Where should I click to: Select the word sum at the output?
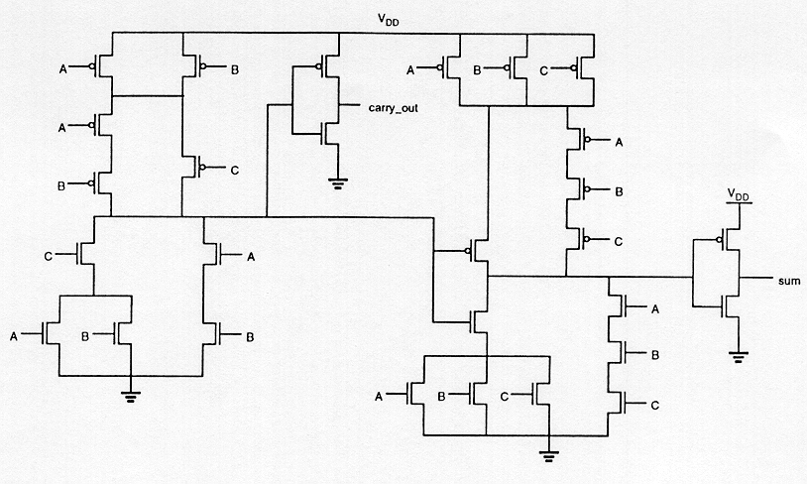point(789,280)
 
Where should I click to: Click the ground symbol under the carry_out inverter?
point(338,181)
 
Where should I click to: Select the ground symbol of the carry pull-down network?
point(130,397)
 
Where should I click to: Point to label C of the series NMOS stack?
point(655,405)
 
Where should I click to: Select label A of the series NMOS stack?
point(655,309)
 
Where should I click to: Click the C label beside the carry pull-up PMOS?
point(235,171)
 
